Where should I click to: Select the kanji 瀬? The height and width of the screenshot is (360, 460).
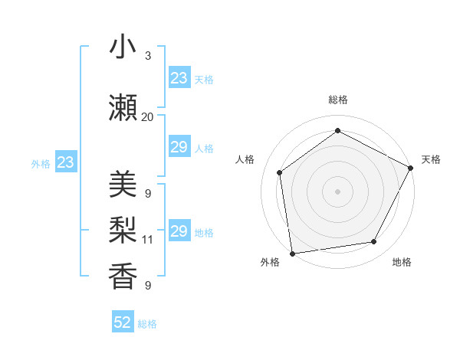pos(123,107)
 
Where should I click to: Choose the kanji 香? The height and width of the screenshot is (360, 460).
pos(123,277)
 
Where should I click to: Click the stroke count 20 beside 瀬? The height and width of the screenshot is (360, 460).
pos(147,117)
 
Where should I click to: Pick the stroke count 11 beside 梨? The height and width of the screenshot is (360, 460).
pos(147,240)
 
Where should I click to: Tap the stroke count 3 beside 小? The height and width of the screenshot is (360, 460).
pos(147,56)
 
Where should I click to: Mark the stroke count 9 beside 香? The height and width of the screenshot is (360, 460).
pos(147,286)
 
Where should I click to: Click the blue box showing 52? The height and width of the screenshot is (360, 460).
pos(123,323)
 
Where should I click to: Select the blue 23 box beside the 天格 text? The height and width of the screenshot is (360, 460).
pos(179,78)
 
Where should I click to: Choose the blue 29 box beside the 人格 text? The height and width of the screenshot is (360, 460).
pos(179,147)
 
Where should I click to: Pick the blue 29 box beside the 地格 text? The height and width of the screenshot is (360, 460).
pos(179,231)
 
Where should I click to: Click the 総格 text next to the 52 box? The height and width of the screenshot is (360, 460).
pos(147,324)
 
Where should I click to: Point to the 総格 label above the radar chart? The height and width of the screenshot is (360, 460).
pos(337,100)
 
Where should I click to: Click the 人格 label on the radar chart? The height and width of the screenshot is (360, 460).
pos(245,159)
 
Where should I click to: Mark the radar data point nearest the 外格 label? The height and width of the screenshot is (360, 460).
pos(292,253)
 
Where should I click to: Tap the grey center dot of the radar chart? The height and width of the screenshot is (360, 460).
pos(337,191)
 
